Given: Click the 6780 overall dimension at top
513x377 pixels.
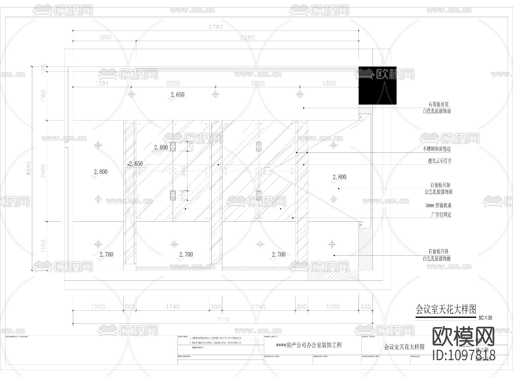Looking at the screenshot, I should (215, 27).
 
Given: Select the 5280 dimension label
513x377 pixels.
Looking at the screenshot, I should (247, 37).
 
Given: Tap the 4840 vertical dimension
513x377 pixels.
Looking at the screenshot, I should (28, 168).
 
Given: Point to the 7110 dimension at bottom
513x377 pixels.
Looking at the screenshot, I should (223, 319).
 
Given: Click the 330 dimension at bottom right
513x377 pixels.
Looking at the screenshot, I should (365, 307).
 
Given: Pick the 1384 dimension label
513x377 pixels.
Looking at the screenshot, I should (101, 83).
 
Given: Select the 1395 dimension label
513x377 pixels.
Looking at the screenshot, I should (329, 83).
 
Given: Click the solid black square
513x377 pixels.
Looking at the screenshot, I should (377, 85).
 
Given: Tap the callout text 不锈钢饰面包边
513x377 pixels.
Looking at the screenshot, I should (436, 149).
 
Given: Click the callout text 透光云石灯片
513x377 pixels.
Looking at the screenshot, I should (439, 161).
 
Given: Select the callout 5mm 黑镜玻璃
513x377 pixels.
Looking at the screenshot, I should (438, 205).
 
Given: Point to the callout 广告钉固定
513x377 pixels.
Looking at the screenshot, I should (441, 215).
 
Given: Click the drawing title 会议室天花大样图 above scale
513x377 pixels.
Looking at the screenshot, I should (446, 309).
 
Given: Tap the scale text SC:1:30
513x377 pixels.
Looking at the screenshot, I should (485, 318).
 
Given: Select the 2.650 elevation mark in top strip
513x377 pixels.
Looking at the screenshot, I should (177, 95).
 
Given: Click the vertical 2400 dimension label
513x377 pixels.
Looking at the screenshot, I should (43, 171).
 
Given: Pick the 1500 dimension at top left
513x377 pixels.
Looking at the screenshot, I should (104, 37).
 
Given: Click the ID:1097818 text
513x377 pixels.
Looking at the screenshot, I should (464, 355).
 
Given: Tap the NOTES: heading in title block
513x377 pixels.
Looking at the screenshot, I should (183, 337).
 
